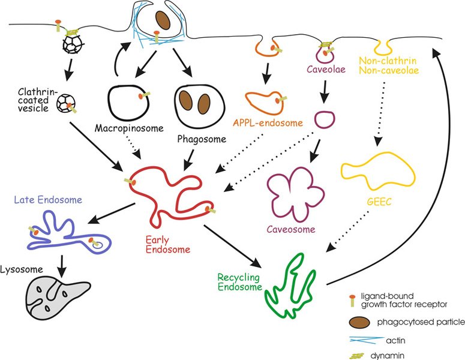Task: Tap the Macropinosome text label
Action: point(122,129)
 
